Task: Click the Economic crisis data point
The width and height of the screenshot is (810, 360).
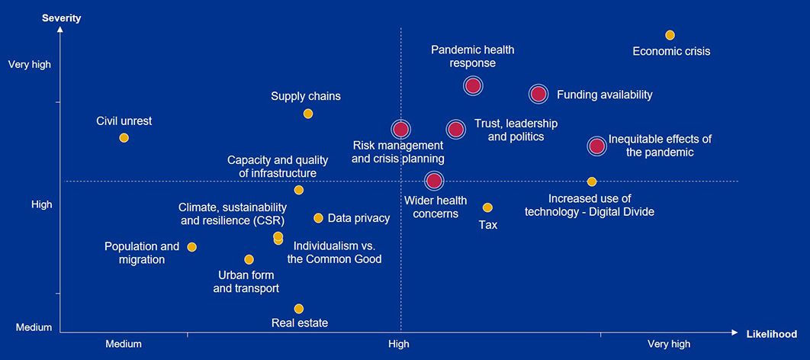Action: pos(670,35)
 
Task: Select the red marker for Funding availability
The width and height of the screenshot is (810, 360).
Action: pos(538,94)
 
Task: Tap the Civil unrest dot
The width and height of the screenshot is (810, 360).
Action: pos(124,137)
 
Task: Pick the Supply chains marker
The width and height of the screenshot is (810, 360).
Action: pos(308,114)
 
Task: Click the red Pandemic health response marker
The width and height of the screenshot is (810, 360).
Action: pos(473,85)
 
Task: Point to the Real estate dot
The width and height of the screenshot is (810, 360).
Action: pos(299,309)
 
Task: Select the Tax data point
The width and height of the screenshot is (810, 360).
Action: pos(487,207)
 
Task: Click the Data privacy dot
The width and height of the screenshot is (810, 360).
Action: pos(318,218)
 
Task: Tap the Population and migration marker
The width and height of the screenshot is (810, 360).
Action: pos(191,247)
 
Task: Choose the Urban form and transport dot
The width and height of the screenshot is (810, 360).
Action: pos(249,259)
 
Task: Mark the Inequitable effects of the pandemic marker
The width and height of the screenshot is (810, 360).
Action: pos(596,146)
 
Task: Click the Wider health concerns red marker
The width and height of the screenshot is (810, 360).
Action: pos(433,181)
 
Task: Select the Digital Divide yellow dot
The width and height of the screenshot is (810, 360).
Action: pos(592,182)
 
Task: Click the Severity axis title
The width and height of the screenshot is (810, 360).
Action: pos(62,17)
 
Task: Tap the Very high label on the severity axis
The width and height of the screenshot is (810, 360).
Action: pos(30,65)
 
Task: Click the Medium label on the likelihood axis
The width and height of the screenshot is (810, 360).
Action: pos(124,344)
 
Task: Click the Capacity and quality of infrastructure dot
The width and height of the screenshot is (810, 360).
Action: pos(299,190)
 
